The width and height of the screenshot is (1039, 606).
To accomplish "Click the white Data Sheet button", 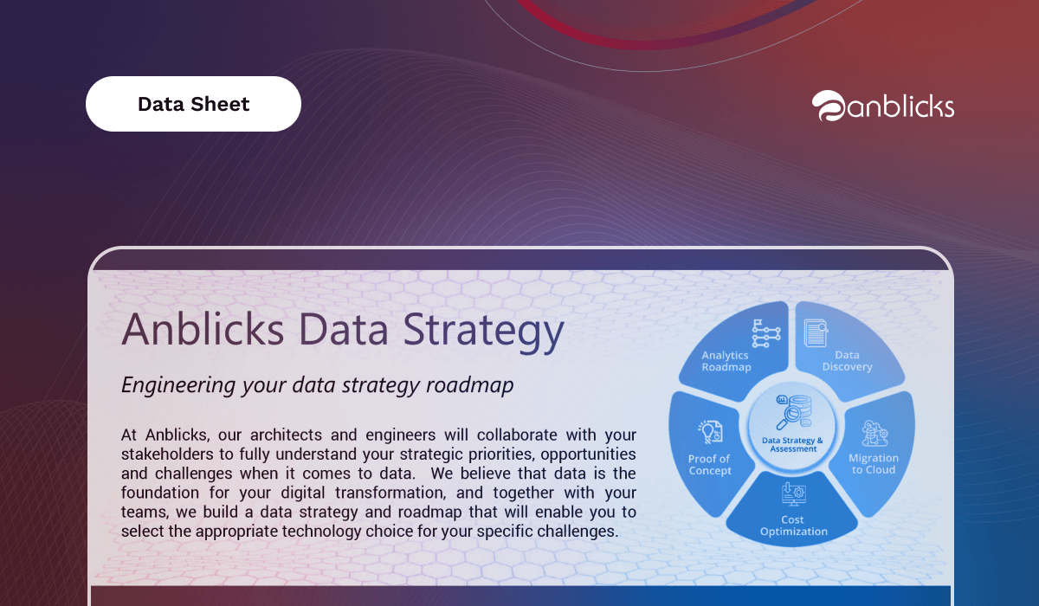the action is tap(193, 104).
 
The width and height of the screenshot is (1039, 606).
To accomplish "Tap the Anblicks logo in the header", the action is tap(882, 106).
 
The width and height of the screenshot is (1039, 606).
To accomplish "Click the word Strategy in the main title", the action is tap(483, 331).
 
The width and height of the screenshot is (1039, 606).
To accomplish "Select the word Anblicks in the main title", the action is tap(203, 329).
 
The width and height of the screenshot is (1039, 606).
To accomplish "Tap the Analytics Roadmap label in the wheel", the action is tap(726, 361).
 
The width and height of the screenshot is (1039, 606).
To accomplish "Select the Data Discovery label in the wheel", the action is tap(847, 361).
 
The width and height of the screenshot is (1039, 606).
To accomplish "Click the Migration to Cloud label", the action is tap(874, 464).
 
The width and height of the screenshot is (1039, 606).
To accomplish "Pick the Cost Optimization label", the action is tap(793, 525).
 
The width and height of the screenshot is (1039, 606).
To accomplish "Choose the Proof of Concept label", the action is tap(709, 465).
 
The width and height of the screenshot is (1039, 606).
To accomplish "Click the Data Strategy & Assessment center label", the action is tap(792, 445).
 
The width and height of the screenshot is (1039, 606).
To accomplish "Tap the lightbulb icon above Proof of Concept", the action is tap(710, 432).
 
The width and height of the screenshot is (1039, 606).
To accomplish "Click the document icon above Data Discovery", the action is tap(816, 332).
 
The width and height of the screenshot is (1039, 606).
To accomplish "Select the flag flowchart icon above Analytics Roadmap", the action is tap(765, 333).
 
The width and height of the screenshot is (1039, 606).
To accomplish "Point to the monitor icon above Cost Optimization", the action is tap(794, 494).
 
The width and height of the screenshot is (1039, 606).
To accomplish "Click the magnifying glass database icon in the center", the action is tap(793, 412).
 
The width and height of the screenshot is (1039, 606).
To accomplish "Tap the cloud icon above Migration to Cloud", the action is tap(874, 433).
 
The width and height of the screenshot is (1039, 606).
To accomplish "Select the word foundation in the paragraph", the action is tap(160, 493).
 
